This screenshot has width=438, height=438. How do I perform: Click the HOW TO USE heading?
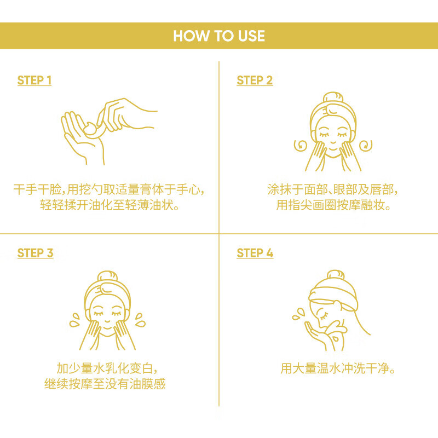coord(219,36)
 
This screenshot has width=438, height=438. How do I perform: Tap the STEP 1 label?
coord(34,80)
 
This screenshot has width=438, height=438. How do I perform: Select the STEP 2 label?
coord(255,80)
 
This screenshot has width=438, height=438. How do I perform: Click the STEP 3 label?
coord(35,253)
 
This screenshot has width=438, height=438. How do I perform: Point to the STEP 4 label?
coord(255,253)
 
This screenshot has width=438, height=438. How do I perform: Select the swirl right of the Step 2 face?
coord(365,146)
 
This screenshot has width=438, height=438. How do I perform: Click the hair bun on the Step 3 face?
coord(107,277)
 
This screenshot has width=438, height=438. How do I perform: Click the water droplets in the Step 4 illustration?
coord(298,314)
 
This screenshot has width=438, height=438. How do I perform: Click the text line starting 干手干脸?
coord(109,190)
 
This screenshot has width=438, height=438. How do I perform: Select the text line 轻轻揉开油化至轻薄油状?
coord(109,205)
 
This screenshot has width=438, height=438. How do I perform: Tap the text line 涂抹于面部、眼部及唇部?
coord(332,190)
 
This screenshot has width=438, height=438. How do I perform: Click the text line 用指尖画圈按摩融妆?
coord(333,205)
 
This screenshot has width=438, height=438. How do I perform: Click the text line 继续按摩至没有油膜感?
coord(105,383)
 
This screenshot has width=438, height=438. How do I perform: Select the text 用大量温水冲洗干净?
coord(338,368)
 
